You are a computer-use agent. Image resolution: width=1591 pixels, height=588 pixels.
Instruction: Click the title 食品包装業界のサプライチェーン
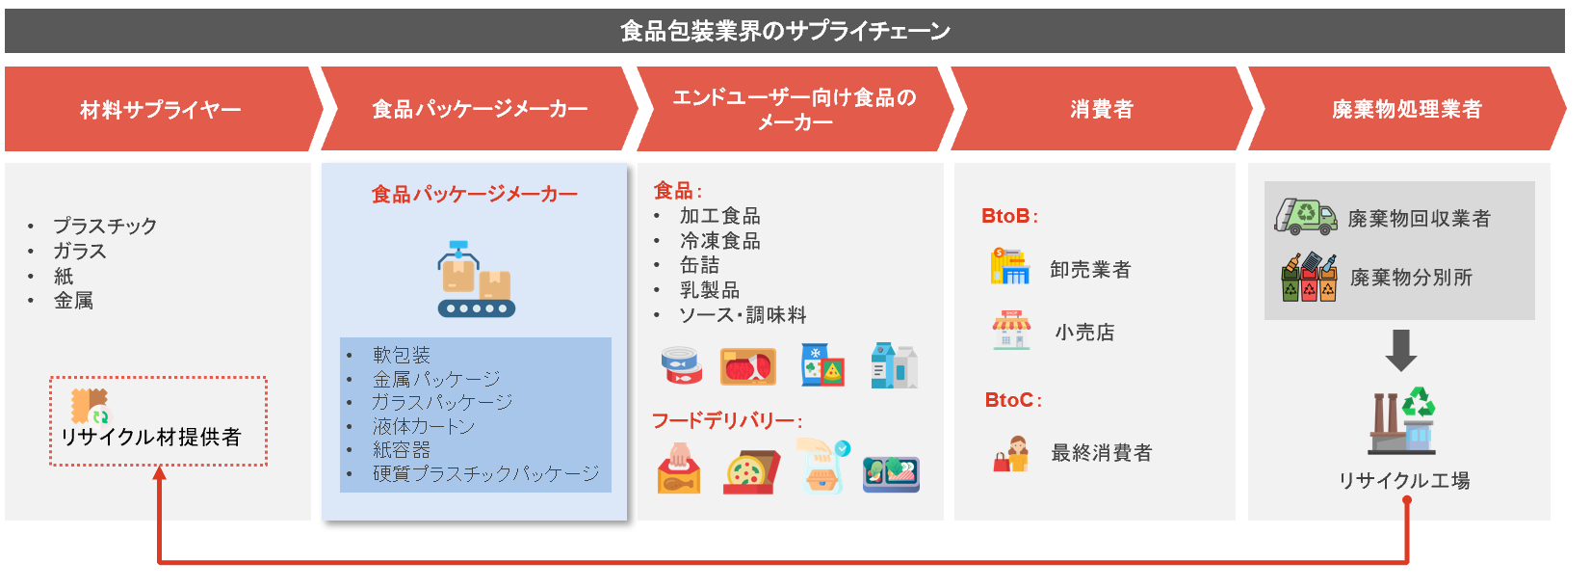tap(785, 31)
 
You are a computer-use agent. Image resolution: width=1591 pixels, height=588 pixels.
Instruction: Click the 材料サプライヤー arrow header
tap(161, 109)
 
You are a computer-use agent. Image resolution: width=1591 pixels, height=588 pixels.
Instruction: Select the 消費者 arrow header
tap(1101, 109)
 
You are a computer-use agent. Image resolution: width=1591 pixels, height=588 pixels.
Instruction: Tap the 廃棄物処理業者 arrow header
tap(1406, 109)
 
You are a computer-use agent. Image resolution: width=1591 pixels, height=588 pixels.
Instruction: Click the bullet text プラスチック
tap(105, 227)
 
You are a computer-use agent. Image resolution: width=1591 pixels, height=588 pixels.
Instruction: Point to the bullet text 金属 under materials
tap(74, 301)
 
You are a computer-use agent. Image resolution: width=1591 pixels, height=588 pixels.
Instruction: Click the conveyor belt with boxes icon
tap(476, 280)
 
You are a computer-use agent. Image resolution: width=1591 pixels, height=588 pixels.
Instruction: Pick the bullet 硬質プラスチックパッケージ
tap(485, 473)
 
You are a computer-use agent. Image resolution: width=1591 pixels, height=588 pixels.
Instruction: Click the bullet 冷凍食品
tap(720, 241)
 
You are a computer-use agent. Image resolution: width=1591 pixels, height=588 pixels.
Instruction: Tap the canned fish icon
tap(681, 365)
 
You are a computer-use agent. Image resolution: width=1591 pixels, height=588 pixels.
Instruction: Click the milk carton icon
tap(895, 365)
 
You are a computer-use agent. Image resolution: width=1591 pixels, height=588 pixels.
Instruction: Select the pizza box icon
tap(751, 472)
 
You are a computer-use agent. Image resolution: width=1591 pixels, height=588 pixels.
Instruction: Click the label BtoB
tap(1008, 216)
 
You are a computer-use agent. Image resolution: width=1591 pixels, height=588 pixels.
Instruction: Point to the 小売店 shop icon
tap(1011, 330)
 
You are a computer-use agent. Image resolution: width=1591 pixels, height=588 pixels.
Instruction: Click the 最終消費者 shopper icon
tap(1011, 454)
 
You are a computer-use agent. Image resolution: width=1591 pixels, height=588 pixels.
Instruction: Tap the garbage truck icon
tap(1306, 217)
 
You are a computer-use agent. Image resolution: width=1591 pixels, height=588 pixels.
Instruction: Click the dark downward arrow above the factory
tap(1401, 350)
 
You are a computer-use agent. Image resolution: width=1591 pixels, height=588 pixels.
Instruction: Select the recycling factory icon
tap(1402, 420)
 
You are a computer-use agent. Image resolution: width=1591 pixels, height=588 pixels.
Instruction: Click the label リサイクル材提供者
tap(151, 437)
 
